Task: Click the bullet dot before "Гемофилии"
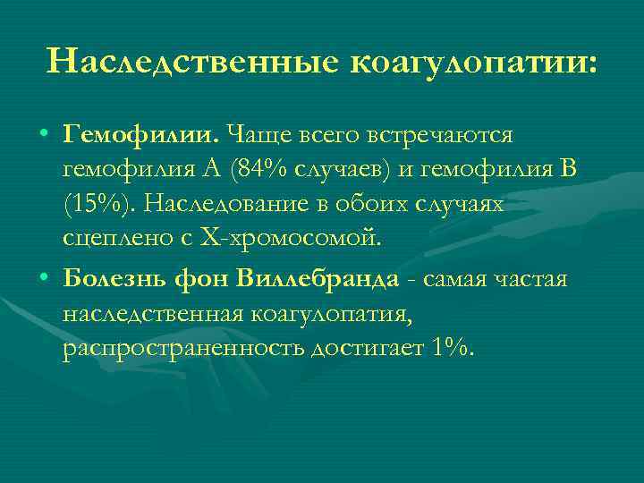coord(44,135)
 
